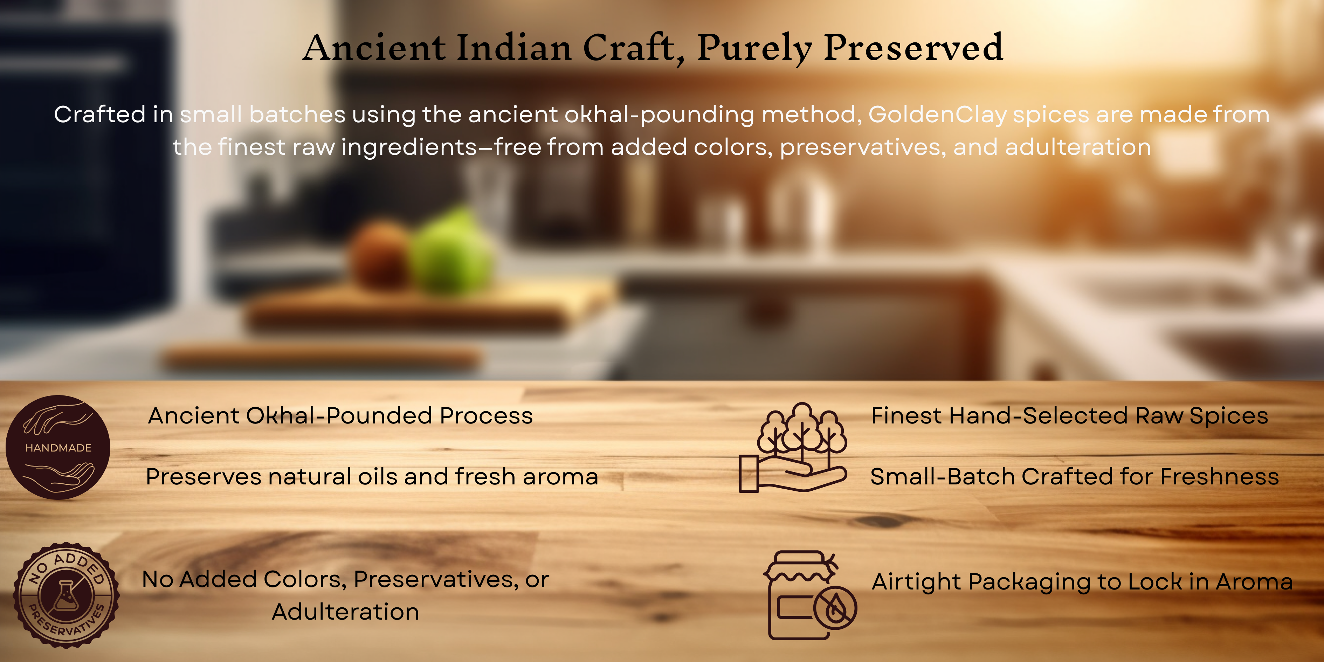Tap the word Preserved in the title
coord(913,47)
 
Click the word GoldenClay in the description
coord(938,115)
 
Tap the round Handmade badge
coord(57,447)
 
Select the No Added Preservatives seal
coord(66,595)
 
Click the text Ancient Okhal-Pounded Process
coord(340,416)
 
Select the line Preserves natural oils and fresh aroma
coord(372,476)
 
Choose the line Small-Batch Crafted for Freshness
coord(1075,476)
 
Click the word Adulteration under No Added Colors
coord(345,612)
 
